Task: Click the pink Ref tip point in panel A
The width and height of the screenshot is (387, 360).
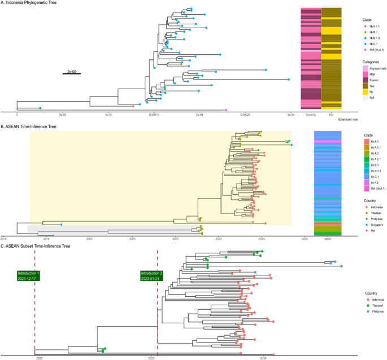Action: pyautogui.click(x=226, y=110)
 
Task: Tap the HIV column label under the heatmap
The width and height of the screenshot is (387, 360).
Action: pyautogui.click(x=331, y=115)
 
